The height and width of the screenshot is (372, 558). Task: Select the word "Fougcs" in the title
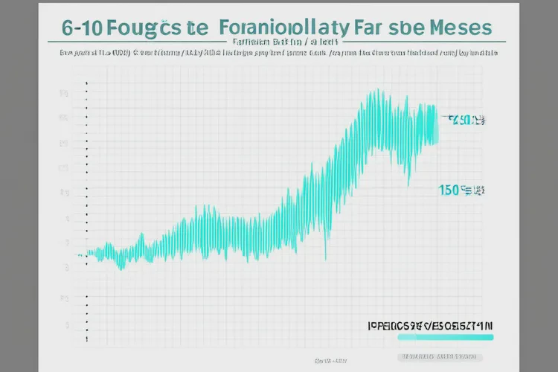pos(144,28)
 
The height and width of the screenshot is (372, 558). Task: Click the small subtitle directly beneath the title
pos(279,43)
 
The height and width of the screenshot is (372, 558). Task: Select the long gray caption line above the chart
pos(279,54)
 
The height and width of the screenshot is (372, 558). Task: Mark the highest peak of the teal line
pos(372,92)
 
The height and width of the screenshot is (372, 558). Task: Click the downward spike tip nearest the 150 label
pos(408,182)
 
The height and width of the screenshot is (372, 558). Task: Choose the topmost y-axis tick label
pos(65,94)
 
